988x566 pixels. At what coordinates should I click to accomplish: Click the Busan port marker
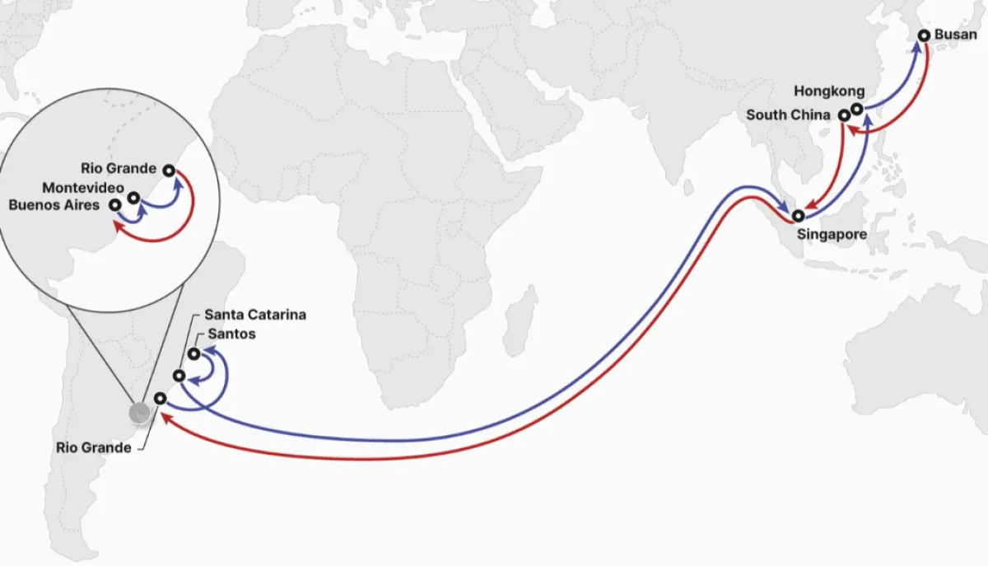pos(924,35)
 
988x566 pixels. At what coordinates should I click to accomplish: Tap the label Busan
pos(956,35)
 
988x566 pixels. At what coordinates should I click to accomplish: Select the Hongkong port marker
pos(857,109)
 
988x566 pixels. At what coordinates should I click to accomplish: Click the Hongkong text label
pos(829,91)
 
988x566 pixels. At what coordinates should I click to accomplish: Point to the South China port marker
pos(844,115)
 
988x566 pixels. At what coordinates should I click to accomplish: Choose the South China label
pos(788,115)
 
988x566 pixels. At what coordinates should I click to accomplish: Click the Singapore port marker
pos(798,216)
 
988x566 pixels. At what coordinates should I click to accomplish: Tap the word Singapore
pos(832,235)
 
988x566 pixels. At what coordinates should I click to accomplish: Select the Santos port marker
pos(193,354)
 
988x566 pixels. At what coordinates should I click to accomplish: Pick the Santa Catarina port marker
pos(179,376)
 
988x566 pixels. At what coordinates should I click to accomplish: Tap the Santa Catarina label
pos(255,315)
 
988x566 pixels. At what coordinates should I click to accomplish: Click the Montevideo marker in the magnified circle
pos(133,198)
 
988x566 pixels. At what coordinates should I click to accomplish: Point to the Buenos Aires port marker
pos(115,204)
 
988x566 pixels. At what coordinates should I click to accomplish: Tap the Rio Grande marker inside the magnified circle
pos(169,171)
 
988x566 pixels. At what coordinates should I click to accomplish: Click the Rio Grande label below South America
pos(93,448)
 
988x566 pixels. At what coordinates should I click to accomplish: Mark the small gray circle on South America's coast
pos(140,413)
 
